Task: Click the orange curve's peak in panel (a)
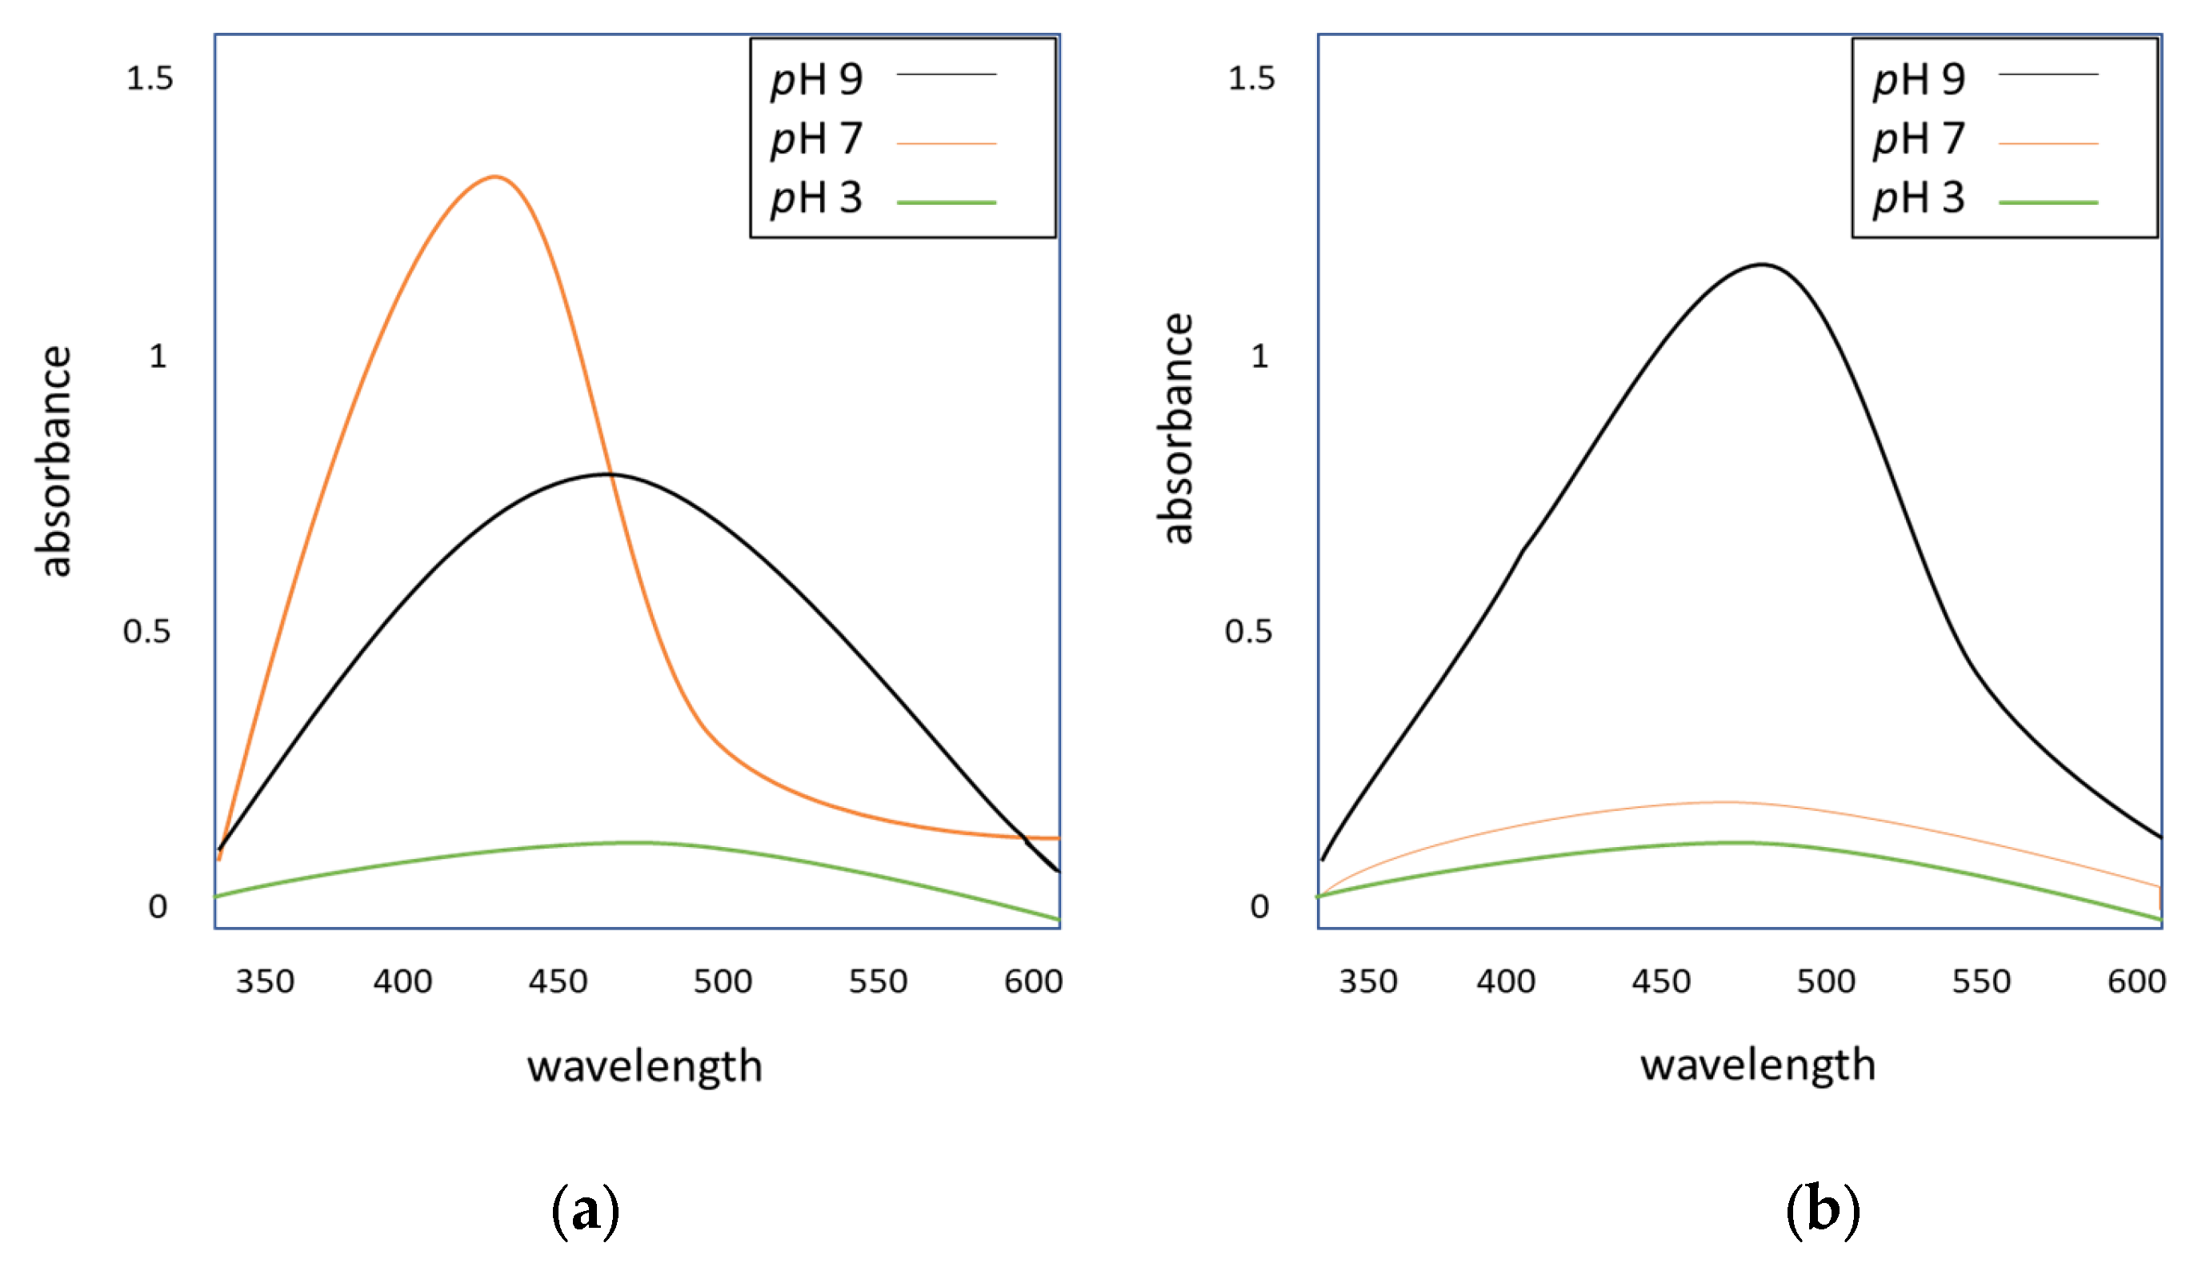(x=494, y=177)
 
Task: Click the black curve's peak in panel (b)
(x=1762, y=265)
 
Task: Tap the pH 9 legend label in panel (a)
(x=816, y=80)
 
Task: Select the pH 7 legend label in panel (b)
(x=1918, y=139)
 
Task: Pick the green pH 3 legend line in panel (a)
(x=946, y=202)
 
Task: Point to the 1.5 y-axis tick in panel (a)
(x=150, y=79)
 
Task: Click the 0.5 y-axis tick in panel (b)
(x=1248, y=632)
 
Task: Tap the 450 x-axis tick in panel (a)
(x=558, y=982)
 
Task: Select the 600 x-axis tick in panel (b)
(x=2136, y=982)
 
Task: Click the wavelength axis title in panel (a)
(x=645, y=1066)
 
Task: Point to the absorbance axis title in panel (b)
(x=1176, y=430)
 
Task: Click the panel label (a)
(x=586, y=1211)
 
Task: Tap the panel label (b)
(x=1823, y=1211)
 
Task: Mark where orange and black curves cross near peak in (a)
(x=611, y=474)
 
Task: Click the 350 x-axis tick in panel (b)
(x=1368, y=982)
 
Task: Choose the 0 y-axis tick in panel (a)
(x=157, y=906)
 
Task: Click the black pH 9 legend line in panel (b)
(x=2048, y=74)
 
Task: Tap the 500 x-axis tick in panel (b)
(x=1825, y=982)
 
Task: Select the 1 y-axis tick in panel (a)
(x=157, y=357)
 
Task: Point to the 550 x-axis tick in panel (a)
(x=878, y=982)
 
